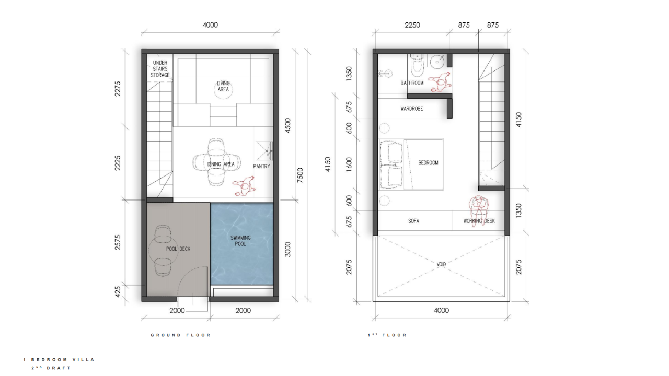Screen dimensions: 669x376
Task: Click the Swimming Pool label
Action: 240,241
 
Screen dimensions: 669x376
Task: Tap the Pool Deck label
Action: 178,249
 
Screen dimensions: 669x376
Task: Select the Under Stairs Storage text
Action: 160,69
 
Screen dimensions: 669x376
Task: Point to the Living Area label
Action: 223,86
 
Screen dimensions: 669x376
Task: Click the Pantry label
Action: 262,166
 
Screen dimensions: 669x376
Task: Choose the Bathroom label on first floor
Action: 412,83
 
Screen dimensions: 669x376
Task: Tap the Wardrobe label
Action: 411,109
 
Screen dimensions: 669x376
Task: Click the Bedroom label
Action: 428,162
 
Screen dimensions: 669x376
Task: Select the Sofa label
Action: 413,221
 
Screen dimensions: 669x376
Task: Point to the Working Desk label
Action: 479,221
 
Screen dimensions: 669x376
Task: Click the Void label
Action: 441,264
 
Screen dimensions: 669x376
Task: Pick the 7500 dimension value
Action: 300,175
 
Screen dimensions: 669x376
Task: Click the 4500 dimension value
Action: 287,126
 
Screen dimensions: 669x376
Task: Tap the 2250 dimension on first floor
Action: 412,25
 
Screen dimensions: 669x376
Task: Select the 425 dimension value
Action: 118,292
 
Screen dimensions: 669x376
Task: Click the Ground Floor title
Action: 181,335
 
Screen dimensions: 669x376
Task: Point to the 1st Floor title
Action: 387,335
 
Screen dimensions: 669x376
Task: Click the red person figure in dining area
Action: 244,186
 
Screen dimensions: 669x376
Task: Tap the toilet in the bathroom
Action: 417,66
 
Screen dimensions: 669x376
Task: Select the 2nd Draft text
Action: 51,368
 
